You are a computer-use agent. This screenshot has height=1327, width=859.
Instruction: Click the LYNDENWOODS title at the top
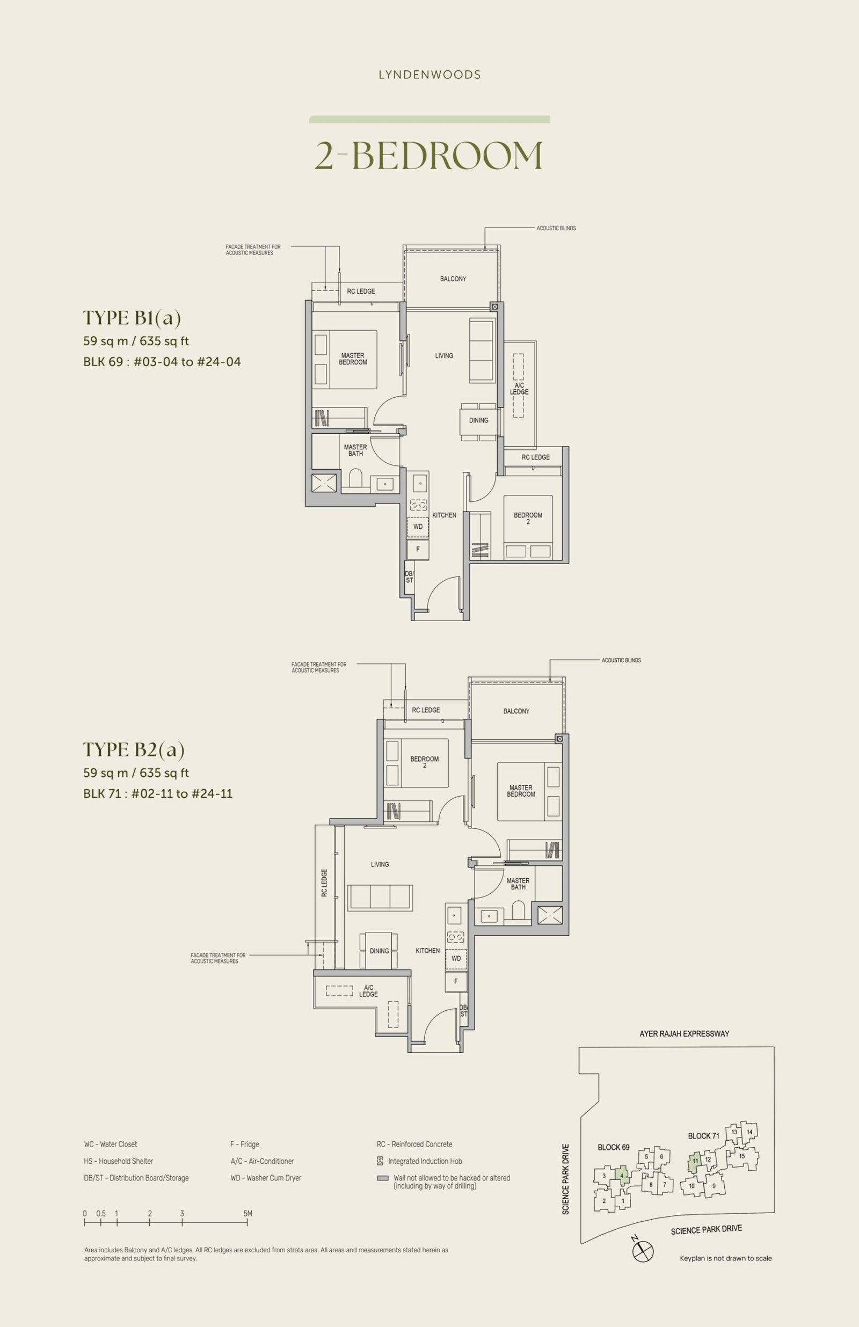(429, 75)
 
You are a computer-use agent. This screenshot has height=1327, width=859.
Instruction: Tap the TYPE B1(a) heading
(132, 318)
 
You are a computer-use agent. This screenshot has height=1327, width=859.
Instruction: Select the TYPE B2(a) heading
(134, 749)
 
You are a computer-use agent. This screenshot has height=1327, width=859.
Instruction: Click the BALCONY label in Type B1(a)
(453, 279)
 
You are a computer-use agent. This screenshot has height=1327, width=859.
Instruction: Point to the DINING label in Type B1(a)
(478, 420)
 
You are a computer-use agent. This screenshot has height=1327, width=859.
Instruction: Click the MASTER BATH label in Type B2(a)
(518, 884)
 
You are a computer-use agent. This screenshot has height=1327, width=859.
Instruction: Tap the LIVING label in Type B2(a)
(380, 864)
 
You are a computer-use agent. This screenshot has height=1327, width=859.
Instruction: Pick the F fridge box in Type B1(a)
(418, 549)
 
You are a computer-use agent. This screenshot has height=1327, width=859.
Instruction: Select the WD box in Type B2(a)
(456, 958)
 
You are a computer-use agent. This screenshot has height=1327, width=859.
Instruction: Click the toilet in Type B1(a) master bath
(356, 479)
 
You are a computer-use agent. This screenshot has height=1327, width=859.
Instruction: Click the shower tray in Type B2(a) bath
(550, 915)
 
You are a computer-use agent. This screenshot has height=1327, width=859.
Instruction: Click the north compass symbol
(643, 1251)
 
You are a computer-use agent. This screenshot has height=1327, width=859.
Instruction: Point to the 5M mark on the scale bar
(247, 1213)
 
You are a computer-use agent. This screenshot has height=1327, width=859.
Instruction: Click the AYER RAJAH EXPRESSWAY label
(685, 1034)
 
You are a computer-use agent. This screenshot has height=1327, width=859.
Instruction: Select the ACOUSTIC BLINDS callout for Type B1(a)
(556, 228)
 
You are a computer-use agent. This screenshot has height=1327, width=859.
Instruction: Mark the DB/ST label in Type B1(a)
(410, 577)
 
